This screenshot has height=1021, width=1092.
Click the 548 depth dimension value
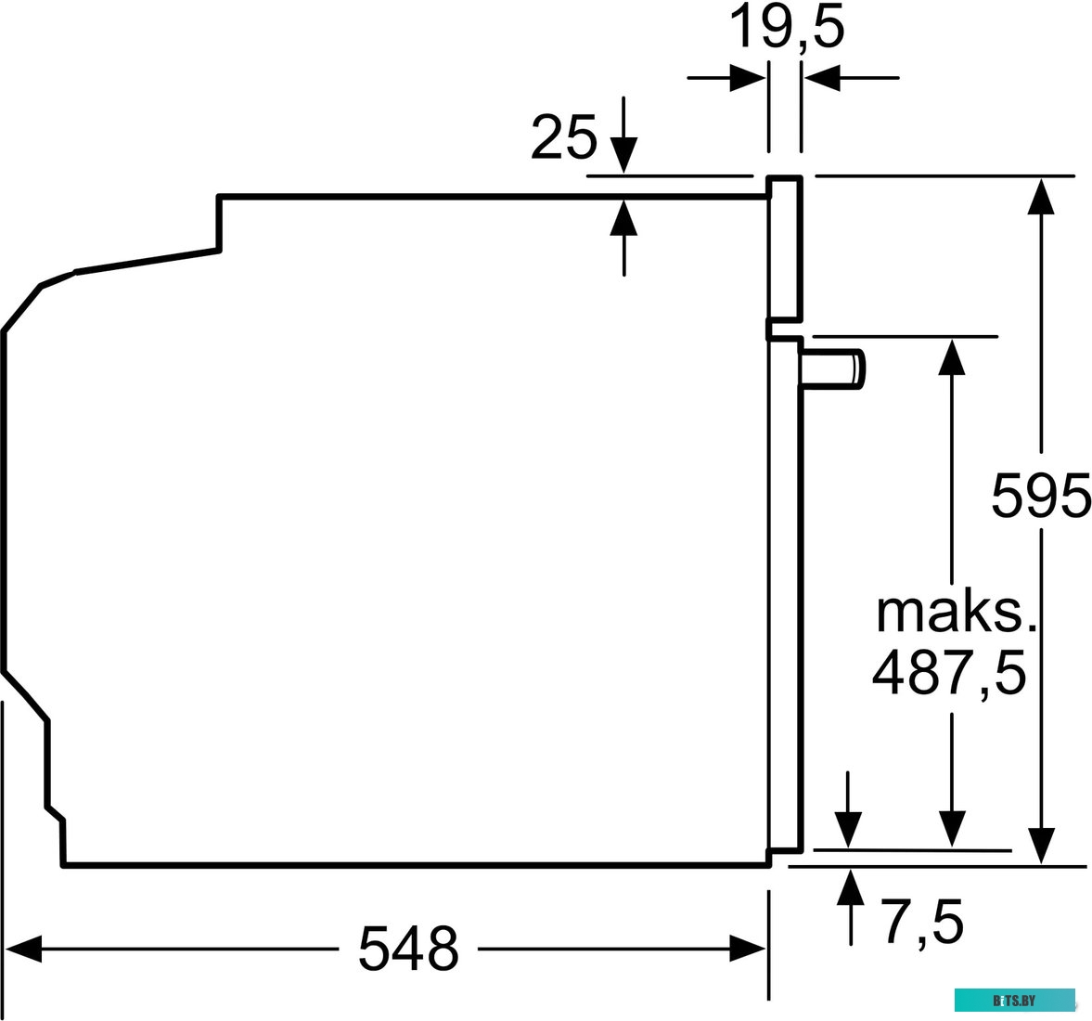tap(408, 948)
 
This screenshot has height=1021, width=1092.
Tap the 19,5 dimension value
tap(788, 29)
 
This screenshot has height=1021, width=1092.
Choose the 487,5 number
tap(949, 672)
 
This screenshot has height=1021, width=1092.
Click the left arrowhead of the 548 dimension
tap(22, 949)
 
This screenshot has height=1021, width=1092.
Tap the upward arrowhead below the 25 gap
tap(624, 218)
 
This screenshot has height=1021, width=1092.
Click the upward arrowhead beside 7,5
tap(849, 886)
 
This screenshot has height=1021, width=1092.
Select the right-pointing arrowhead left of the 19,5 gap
tap(747, 78)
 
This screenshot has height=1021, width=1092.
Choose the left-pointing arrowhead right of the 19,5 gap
tap(822, 78)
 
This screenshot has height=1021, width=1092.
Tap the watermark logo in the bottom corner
tap(1014, 1001)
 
